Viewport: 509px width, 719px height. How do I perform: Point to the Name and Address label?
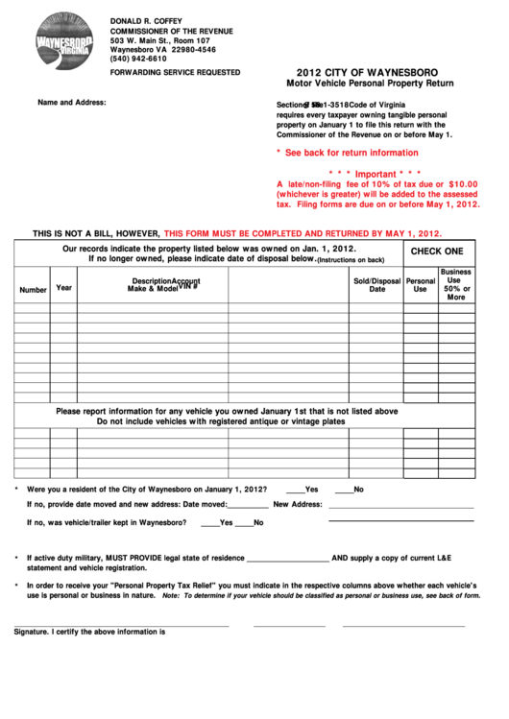[x=71, y=102]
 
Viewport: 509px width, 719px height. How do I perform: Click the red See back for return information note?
[x=347, y=153]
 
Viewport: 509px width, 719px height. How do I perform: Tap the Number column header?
[x=33, y=290]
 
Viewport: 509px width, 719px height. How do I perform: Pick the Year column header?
[x=63, y=287]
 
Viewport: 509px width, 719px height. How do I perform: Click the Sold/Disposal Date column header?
[x=376, y=285]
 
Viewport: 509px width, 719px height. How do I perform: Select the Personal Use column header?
[x=420, y=285]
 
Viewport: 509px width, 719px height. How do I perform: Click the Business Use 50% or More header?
[x=456, y=285]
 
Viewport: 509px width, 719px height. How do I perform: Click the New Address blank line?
[x=400, y=505]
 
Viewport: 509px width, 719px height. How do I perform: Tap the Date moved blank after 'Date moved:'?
[x=249, y=505]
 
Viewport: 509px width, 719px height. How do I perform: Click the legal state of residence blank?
[x=287, y=559]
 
